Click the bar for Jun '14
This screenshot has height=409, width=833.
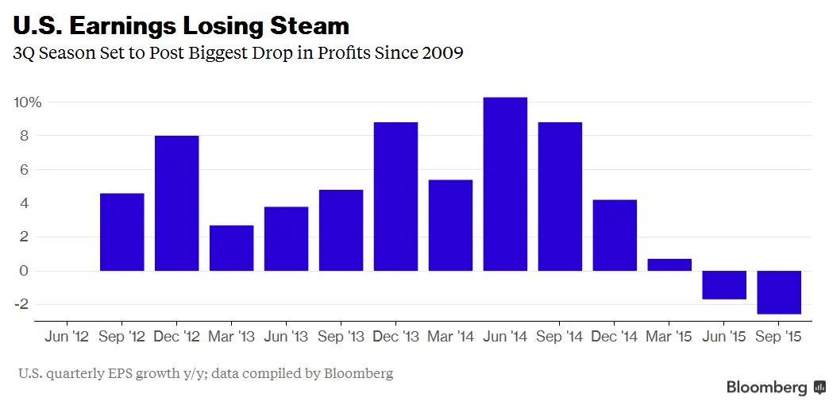pyautogui.click(x=505, y=184)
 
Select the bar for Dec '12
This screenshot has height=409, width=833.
pyautogui.click(x=176, y=203)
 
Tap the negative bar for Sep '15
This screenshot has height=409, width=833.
pyautogui.click(x=779, y=292)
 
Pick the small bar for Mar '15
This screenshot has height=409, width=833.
pyautogui.click(x=669, y=264)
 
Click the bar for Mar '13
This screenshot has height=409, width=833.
pyautogui.click(x=231, y=248)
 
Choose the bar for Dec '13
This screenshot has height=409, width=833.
pyautogui.click(x=395, y=196)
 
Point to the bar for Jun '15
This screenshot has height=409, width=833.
pyautogui.click(x=724, y=285)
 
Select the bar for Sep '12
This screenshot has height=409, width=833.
pyautogui.click(x=121, y=232)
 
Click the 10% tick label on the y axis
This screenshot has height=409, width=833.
pyautogui.click(x=27, y=102)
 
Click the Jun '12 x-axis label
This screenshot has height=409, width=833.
pyautogui.click(x=67, y=337)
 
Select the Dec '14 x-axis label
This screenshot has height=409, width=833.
pyautogui.click(x=615, y=337)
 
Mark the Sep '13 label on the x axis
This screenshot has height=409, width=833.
pyautogui.click(x=341, y=337)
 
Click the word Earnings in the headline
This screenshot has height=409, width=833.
pyautogui.click(x=119, y=25)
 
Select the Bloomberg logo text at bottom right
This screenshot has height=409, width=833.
pyautogui.click(x=766, y=388)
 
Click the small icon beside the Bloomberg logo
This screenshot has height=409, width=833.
pyautogui.click(x=820, y=388)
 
